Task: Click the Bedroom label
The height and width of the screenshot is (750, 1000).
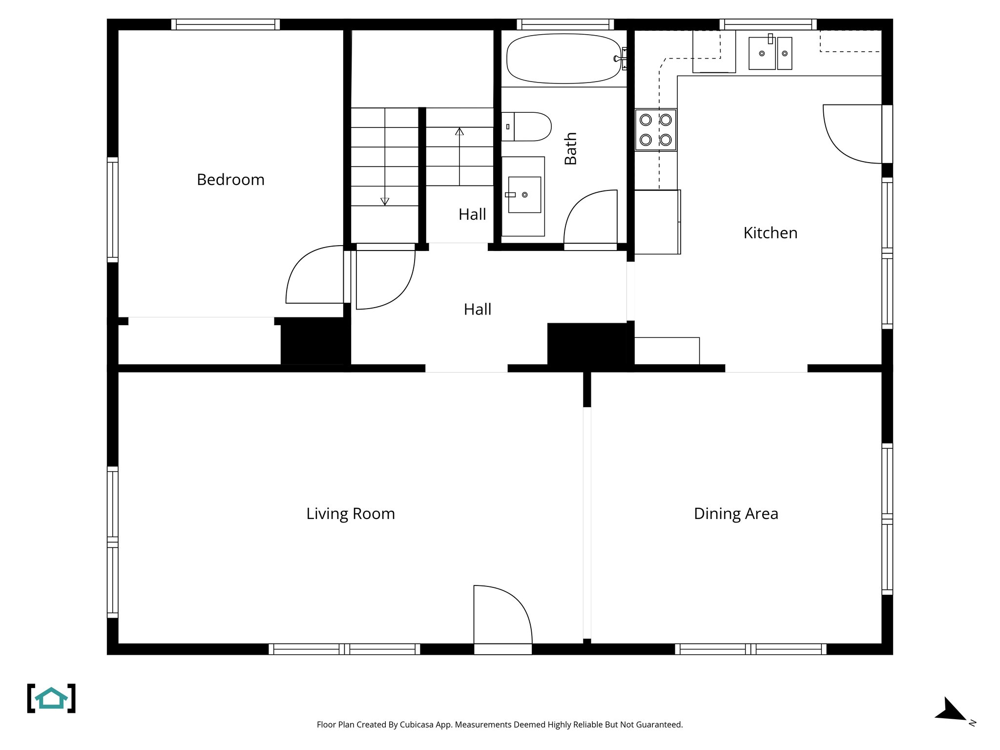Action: pos(230,180)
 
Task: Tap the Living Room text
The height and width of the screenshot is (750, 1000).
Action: pos(350,514)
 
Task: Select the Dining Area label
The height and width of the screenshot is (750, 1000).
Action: pos(735,514)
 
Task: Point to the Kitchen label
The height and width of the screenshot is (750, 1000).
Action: pos(770,233)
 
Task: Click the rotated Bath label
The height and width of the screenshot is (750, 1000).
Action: pos(570,148)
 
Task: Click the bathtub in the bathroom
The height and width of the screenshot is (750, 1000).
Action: pos(563,59)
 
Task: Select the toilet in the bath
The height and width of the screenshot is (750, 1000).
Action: pos(527,127)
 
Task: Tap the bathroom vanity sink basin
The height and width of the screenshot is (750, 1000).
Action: pos(524,195)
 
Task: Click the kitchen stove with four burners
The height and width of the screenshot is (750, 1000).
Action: pos(655,130)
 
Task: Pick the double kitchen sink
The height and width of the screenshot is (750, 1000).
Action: pos(770,54)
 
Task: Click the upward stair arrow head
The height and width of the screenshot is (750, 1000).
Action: pos(459,131)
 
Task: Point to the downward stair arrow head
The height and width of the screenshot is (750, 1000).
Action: pos(385,201)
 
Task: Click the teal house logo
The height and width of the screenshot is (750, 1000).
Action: pos(51,698)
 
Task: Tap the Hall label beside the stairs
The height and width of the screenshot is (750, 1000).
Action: pos(472,214)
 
